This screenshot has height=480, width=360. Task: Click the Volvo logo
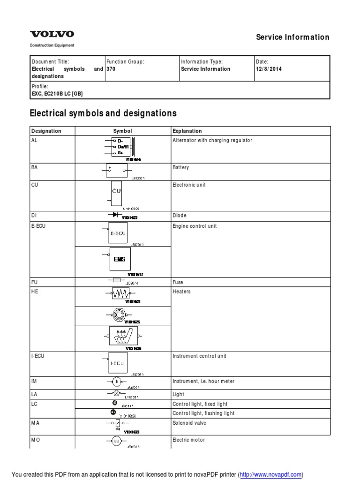(x=52, y=34)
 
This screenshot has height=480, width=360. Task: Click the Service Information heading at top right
(x=292, y=37)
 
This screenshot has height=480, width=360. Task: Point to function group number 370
(x=111, y=69)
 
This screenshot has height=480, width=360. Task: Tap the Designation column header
(x=46, y=131)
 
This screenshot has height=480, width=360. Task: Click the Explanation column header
(x=187, y=131)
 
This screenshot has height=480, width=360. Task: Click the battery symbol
(x=117, y=171)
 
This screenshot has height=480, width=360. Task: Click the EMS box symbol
(x=120, y=259)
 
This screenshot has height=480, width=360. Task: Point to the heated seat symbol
(x=122, y=336)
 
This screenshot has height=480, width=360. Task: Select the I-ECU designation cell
(x=38, y=356)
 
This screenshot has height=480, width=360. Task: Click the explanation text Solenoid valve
(x=189, y=423)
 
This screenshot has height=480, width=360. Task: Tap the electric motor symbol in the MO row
(x=116, y=441)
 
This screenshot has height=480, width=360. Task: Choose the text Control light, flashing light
(x=203, y=413)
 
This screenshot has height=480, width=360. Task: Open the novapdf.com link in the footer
(x=271, y=475)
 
